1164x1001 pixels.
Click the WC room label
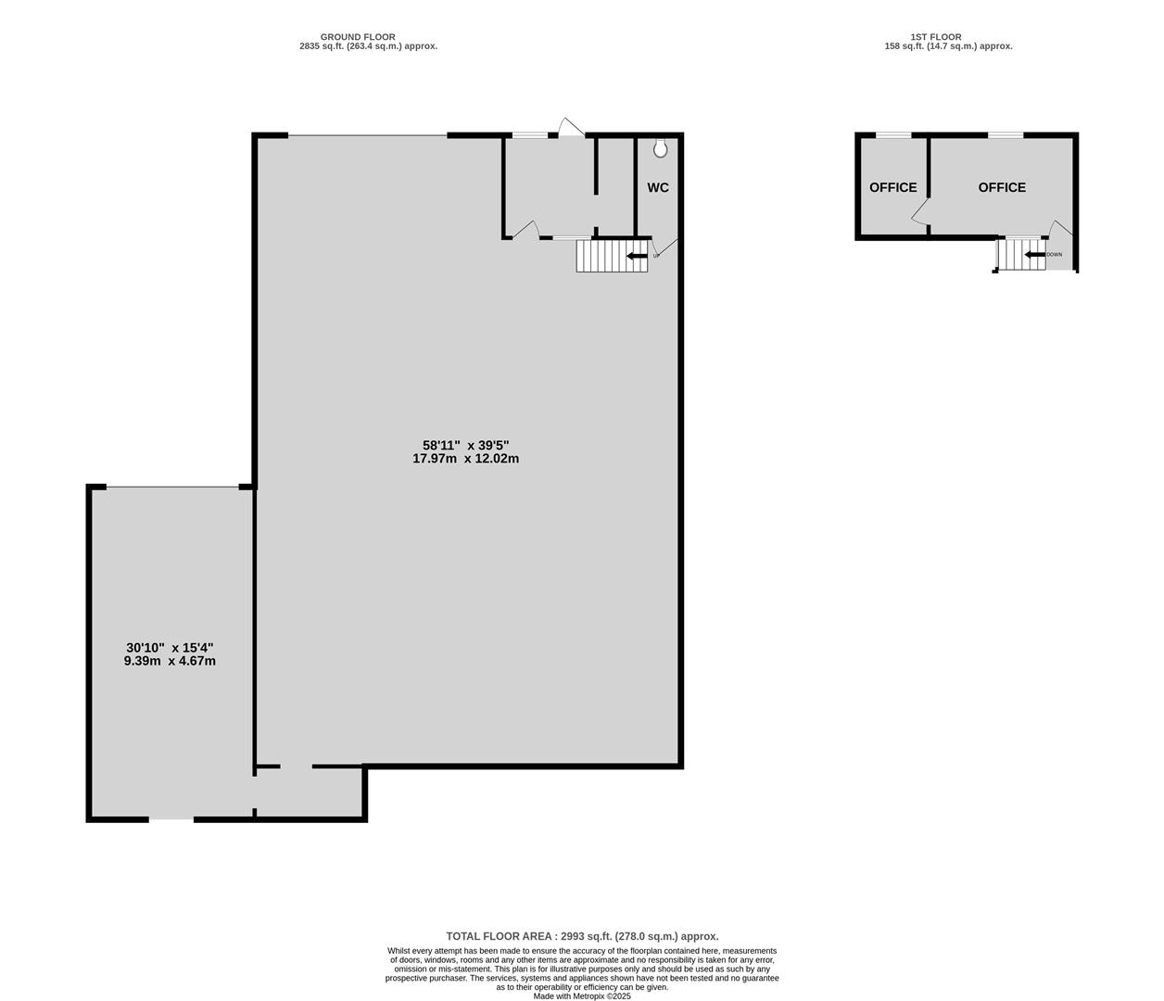(658, 187)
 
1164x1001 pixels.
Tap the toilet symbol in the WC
(661, 148)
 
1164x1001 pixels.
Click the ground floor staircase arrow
(637, 256)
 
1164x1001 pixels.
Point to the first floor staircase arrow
(1034, 255)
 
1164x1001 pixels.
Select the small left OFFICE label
(892, 187)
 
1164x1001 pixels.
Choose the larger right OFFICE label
(1002, 187)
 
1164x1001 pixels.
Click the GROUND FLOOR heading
(358, 37)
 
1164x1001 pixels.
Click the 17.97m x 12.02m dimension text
(466, 459)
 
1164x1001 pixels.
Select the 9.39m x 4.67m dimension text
(170, 662)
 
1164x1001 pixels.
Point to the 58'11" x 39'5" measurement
(466, 445)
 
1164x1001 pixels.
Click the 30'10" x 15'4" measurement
(170, 648)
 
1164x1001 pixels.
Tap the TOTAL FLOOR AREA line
(582, 936)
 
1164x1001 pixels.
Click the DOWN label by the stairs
(1055, 255)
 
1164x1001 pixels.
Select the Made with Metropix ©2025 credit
(582, 996)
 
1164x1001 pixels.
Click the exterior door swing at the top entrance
(571, 127)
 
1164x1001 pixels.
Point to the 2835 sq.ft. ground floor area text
(368, 46)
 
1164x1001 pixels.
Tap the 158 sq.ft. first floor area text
(948, 46)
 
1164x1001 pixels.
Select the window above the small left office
(893, 134)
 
